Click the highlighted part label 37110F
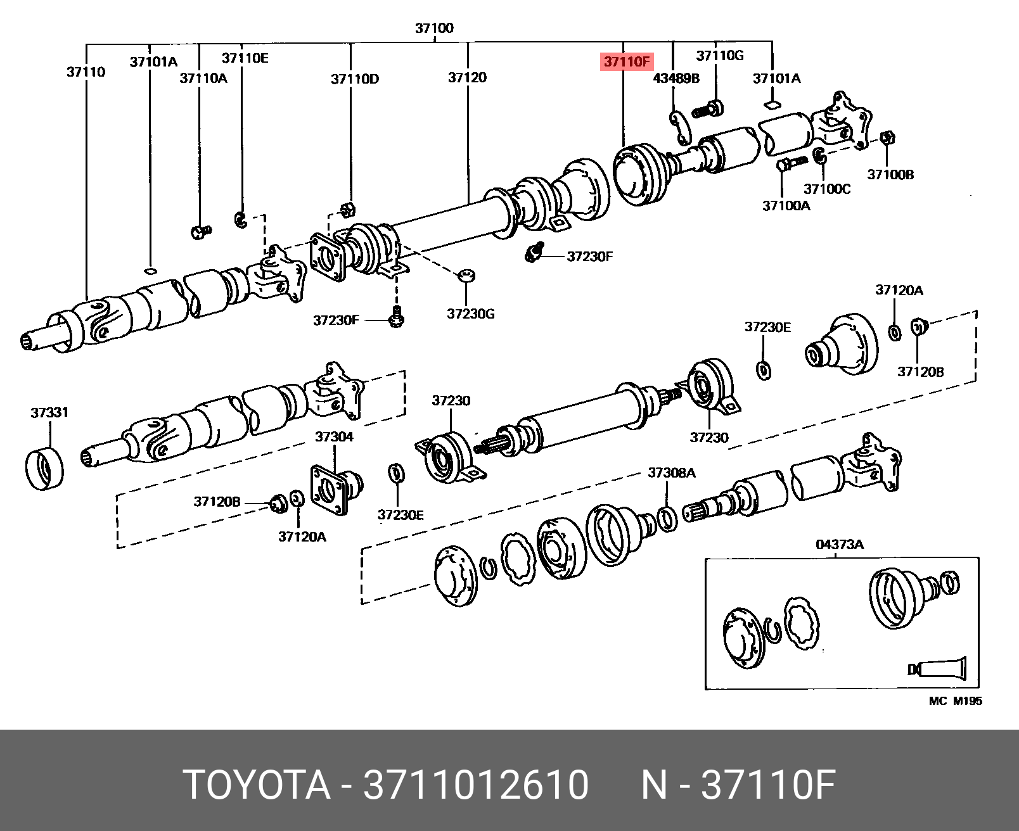(627, 61)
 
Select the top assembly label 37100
(434, 28)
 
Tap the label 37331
(49, 412)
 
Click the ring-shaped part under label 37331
(44, 469)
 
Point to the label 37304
(334, 436)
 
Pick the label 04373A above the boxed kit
(840, 544)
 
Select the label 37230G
(470, 314)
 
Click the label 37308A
(671, 473)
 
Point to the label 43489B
(676, 78)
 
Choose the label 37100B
(890, 174)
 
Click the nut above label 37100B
(887, 137)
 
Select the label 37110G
(720, 56)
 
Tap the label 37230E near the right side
(767, 327)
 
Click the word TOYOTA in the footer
(256, 785)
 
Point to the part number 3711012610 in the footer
(475, 785)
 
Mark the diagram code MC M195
(955, 701)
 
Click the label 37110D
(355, 79)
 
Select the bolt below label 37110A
(200, 232)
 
